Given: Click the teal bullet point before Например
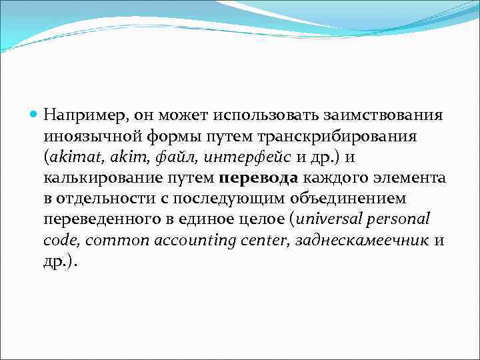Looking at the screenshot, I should coord(35,115).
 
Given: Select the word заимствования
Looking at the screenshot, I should coord(385,115).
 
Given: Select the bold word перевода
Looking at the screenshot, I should coord(259,178).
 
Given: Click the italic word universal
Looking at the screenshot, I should coord(332,219).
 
